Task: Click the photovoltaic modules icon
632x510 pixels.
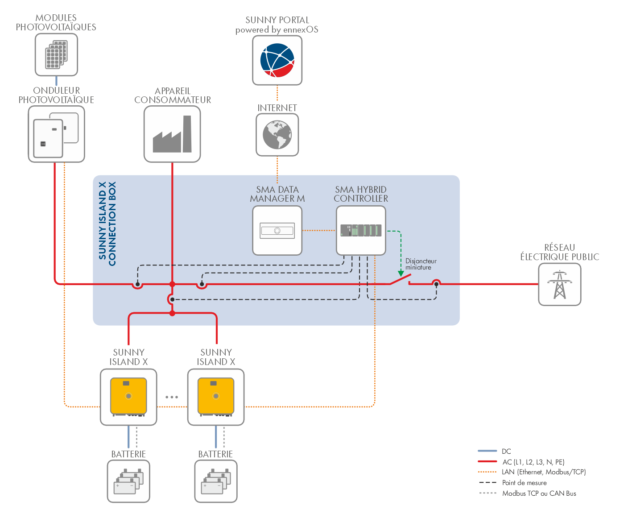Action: pyautogui.click(x=56, y=55)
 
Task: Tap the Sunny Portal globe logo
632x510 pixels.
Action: pyautogui.click(x=277, y=60)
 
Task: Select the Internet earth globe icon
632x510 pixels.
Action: pyautogui.click(x=277, y=135)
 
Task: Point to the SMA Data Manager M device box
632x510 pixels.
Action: pyautogui.click(x=277, y=231)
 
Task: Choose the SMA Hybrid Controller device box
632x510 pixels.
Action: pyautogui.click(x=361, y=230)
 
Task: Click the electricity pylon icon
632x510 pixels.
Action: pyautogui.click(x=559, y=284)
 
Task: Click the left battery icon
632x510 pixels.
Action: pyautogui.click(x=128, y=481)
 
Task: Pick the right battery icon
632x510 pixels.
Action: pyautogui.click(x=216, y=481)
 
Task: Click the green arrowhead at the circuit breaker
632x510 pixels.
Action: pyautogui.click(x=401, y=273)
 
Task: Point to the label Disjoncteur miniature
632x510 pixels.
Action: pyautogui.click(x=420, y=264)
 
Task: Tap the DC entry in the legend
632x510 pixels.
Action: pyautogui.click(x=506, y=451)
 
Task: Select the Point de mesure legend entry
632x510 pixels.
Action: pyautogui.click(x=524, y=482)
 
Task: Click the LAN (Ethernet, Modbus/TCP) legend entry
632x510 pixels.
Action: pyautogui.click(x=543, y=472)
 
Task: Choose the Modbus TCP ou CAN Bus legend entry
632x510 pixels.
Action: pyautogui.click(x=539, y=493)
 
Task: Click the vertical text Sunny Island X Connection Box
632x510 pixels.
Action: pyautogui.click(x=107, y=223)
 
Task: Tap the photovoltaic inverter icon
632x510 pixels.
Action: pyautogui.click(x=56, y=134)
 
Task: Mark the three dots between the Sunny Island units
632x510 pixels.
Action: pyautogui.click(x=172, y=397)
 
